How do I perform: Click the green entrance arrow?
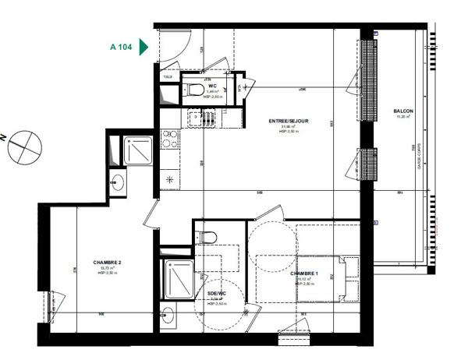tap(143, 48)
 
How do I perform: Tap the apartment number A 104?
tap(120, 48)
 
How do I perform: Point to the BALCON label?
tap(403, 111)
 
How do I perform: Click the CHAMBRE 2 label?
tap(107, 263)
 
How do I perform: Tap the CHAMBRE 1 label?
tap(305, 274)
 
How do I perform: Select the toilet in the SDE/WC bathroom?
tap(207, 237)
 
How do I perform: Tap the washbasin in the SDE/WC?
tap(168, 316)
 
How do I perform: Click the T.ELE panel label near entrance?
tap(168, 76)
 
